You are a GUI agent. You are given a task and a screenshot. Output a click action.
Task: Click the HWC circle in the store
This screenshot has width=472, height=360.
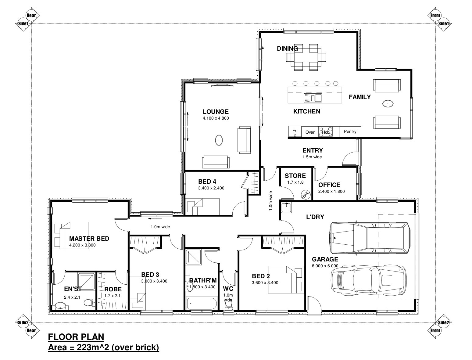(x=306, y=195)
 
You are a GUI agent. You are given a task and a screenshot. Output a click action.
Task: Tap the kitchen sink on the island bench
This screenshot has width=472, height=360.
(x=313, y=98)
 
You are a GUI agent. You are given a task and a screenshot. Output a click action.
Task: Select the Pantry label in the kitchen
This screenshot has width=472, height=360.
(x=350, y=131)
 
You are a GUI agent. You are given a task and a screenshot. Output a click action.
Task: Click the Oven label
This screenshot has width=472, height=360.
(x=310, y=132)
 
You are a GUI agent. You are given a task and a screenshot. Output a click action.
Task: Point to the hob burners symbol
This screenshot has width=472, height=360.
(x=326, y=131)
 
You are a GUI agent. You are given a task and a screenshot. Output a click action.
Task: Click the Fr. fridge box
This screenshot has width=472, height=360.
(x=295, y=131)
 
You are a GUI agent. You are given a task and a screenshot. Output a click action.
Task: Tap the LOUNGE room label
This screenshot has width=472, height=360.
(x=216, y=112)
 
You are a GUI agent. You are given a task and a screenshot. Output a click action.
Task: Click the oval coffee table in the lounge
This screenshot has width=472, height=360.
(x=219, y=140)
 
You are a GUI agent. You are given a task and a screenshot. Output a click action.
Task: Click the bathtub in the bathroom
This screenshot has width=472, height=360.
(x=202, y=304)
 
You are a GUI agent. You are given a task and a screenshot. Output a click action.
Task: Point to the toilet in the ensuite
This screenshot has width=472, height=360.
(x=88, y=303)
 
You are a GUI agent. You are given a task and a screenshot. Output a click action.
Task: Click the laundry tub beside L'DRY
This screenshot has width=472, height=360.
(x=286, y=207)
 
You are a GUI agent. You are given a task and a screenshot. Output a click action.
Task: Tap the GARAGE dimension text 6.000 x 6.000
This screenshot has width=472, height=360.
(x=325, y=266)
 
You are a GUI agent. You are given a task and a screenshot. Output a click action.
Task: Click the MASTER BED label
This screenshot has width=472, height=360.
(x=89, y=239)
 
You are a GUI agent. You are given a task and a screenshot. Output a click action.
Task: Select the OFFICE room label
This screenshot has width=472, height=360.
(x=329, y=185)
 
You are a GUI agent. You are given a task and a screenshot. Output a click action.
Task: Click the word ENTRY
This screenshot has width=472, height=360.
(x=313, y=150)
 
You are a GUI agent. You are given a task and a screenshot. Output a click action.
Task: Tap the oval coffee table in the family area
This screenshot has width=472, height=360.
(x=388, y=104)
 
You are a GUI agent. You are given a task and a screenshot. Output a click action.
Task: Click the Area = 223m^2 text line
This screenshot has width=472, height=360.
(x=103, y=347)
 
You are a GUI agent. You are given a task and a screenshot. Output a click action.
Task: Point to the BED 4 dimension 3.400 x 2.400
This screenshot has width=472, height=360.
(x=211, y=188)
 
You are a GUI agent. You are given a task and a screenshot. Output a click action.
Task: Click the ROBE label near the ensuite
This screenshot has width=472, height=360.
(x=113, y=289)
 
